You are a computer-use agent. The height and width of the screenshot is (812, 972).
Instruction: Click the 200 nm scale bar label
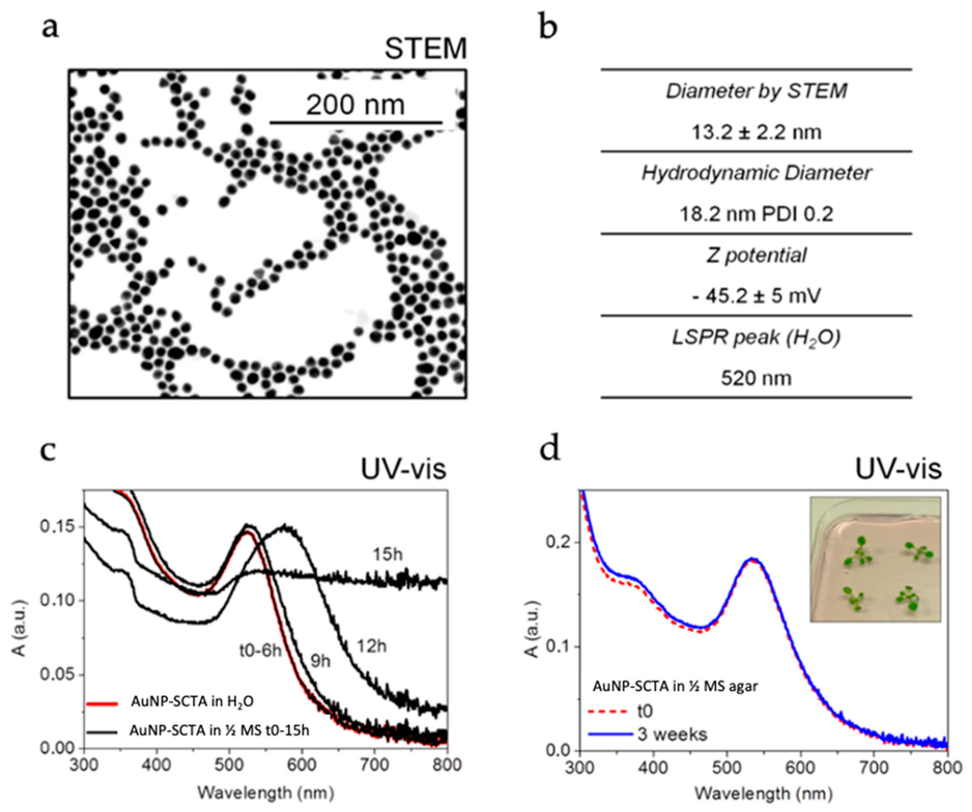[x=355, y=105]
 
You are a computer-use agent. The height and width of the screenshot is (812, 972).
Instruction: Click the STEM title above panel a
[x=425, y=48]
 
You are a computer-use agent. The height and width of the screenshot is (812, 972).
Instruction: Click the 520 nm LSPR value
[x=756, y=378]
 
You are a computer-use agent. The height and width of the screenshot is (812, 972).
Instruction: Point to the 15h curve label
[x=387, y=554]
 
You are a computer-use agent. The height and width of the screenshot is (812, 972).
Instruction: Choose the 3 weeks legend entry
[x=672, y=734]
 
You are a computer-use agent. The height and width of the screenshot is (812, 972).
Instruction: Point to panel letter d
[x=550, y=449]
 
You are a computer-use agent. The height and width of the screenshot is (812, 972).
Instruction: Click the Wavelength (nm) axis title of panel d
[x=763, y=793]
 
